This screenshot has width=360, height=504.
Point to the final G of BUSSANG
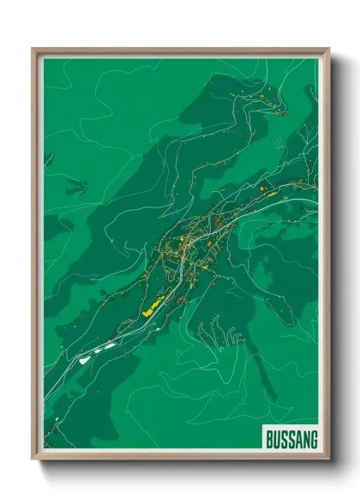pyautogui.click(x=312, y=440)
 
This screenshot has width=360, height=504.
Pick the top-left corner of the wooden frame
pyautogui.click(x=33, y=49)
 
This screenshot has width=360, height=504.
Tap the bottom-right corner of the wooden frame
pyautogui.click(x=329, y=461)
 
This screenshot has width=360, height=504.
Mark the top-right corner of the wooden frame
pyautogui.click(x=329, y=49)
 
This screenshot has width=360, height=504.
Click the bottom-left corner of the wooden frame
pyautogui.click(x=33, y=461)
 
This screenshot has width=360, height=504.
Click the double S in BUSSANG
pyautogui.click(x=284, y=440)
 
